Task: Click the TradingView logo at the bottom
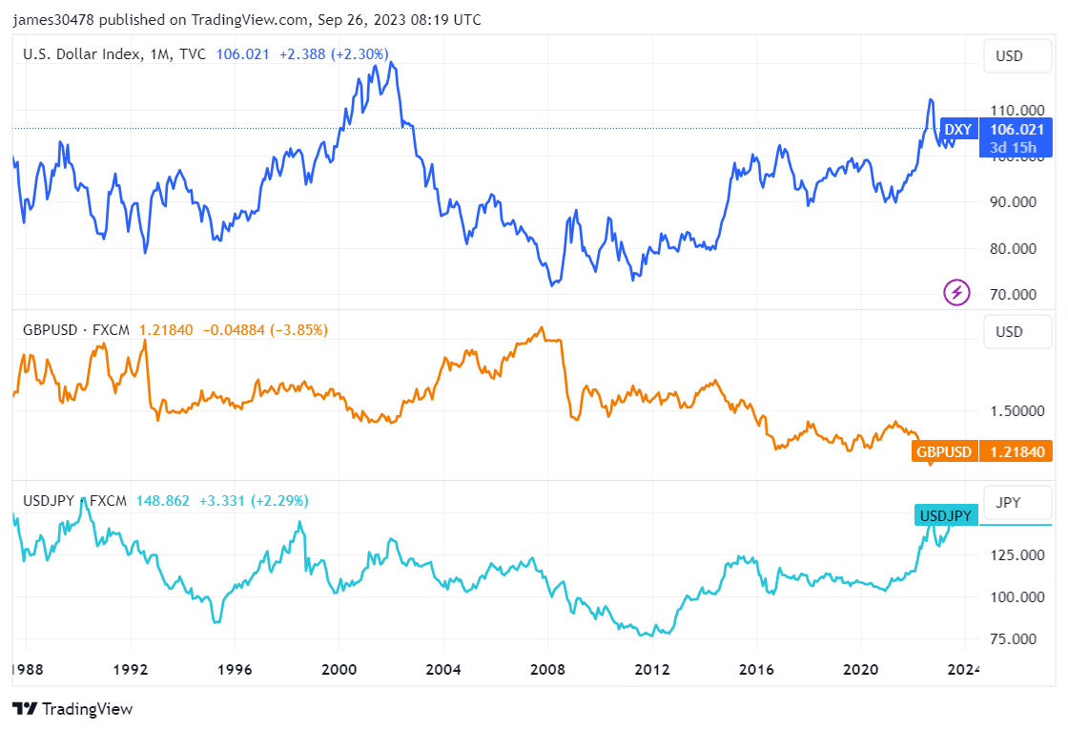click(72, 709)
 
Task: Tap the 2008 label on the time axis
click(547, 669)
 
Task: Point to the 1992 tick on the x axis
click(131, 669)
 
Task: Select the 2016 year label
click(756, 669)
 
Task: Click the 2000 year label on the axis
click(339, 669)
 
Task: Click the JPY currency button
click(1009, 502)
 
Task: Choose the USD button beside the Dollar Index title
click(1009, 55)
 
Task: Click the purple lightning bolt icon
click(956, 292)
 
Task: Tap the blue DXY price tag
click(958, 130)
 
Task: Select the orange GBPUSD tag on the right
click(944, 451)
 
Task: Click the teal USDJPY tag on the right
click(945, 515)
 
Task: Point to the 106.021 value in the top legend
click(243, 54)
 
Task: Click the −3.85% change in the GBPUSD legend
click(299, 330)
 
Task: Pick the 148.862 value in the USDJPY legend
click(164, 500)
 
